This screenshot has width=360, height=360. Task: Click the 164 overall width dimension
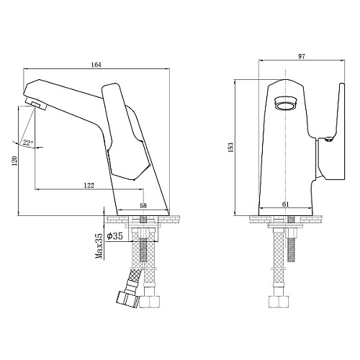coord(96,65)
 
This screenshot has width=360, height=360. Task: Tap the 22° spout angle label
coord(27,143)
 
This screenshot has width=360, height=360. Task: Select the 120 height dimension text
coord(14,161)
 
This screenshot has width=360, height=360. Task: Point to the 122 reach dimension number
coord(89,185)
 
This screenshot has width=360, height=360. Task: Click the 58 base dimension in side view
coord(143,205)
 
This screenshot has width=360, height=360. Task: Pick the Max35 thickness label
coord(99,246)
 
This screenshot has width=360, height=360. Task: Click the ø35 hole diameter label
coord(114,236)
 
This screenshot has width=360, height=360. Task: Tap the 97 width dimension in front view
coord(302,56)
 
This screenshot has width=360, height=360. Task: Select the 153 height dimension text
coord(230,148)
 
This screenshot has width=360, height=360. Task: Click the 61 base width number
coord(285,204)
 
